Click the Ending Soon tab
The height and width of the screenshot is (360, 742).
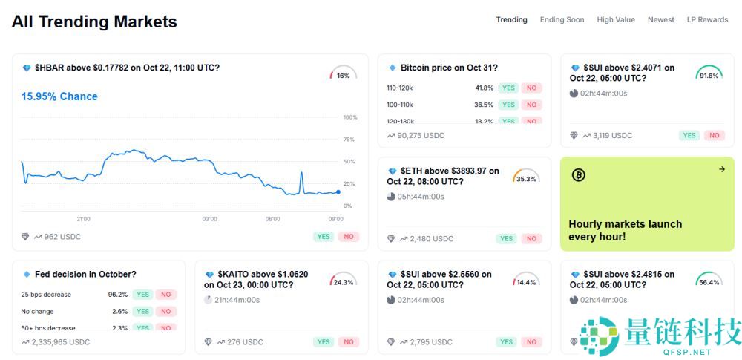tap(562, 20)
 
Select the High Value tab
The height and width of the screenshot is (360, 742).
tap(616, 20)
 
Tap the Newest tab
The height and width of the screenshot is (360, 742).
tap(661, 20)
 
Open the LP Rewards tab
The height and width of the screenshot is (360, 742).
tap(707, 20)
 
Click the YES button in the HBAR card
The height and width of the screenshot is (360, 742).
tap(324, 237)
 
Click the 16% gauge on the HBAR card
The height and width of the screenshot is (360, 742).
tap(343, 74)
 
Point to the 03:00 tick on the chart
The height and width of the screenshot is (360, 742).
tap(210, 219)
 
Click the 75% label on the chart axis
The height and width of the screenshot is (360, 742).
tap(349, 140)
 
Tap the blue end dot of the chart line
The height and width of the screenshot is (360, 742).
tap(338, 192)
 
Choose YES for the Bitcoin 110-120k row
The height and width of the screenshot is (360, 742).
tap(508, 88)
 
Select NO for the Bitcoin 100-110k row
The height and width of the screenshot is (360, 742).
tap(531, 105)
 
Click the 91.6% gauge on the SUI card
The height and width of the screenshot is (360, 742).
tap(709, 74)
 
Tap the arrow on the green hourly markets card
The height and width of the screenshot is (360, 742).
tap(722, 169)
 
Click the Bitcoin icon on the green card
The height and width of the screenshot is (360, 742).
tap(579, 175)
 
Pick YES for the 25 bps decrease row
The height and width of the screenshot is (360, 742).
tap(142, 295)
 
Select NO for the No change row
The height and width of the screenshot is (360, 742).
tap(165, 312)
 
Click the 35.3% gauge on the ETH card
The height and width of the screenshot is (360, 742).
tap(526, 177)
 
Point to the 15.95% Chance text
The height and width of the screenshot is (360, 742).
tap(59, 96)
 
